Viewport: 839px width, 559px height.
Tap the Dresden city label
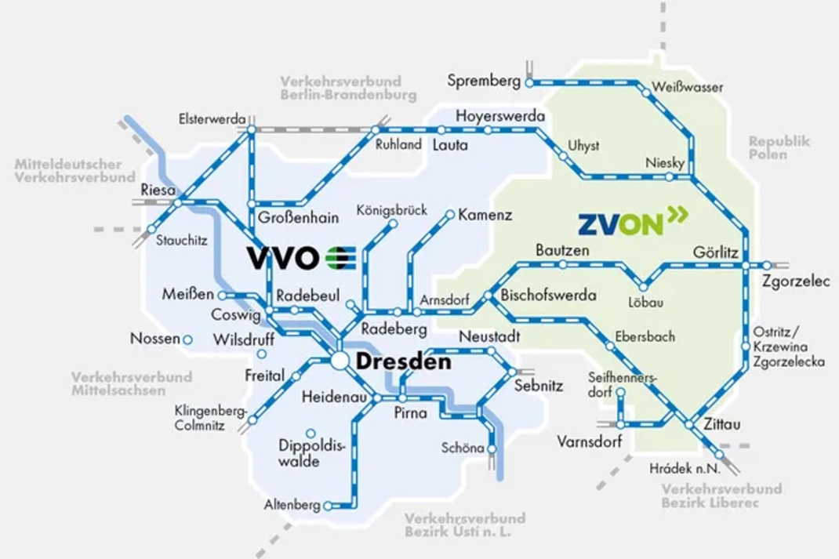coord(404,362)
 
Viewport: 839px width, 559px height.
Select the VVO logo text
coord(283,257)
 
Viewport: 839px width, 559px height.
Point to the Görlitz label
coord(716,252)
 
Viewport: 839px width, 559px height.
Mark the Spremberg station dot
coord(529,82)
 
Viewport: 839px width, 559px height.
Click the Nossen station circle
coord(188,340)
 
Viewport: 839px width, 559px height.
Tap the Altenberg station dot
coord(328,506)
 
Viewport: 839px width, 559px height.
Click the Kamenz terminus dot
coord(450,214)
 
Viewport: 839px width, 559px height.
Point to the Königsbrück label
coord(391,210)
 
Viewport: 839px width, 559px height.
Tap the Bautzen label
coord(561,251)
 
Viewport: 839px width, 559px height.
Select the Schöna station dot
coord(492,448)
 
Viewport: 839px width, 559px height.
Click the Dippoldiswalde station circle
coord(311,433)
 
